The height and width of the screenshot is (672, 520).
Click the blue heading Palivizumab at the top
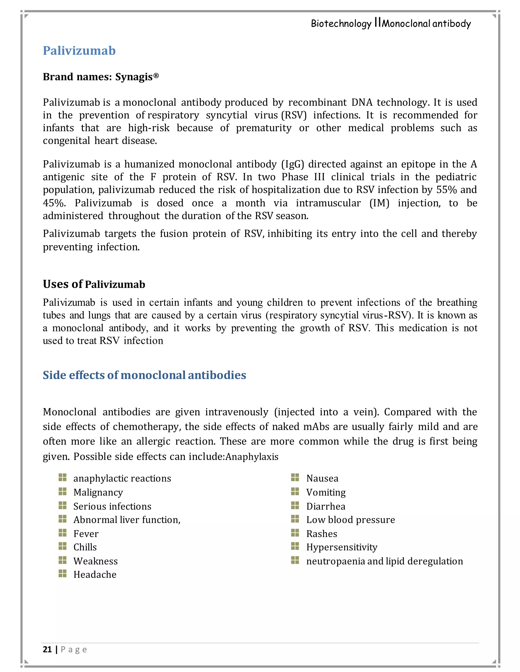point(79,51)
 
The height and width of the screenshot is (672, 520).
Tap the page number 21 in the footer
point(47,649)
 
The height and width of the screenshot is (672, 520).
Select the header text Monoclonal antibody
point(426,24)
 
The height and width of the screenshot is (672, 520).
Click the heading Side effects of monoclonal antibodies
point(144,375)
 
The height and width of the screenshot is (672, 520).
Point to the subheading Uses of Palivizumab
point(94,284)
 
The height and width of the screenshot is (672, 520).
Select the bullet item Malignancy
point(98,492)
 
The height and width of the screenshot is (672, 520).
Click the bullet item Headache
point(95,574)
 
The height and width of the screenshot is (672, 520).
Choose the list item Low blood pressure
point(350,520)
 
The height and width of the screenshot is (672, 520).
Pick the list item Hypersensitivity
point(342,547)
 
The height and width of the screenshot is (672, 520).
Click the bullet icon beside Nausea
point(295,478)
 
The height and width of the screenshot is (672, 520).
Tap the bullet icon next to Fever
point(62,533)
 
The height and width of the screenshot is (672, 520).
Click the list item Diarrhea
point(326,506)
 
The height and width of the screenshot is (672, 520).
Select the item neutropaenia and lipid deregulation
point(384,561)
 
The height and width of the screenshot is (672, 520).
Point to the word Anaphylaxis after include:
point(252,457)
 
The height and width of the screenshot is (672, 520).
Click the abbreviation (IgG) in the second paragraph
point(293,164)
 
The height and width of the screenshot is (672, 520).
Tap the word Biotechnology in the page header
point(341,24)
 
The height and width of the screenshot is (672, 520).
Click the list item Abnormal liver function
point(127,520)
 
